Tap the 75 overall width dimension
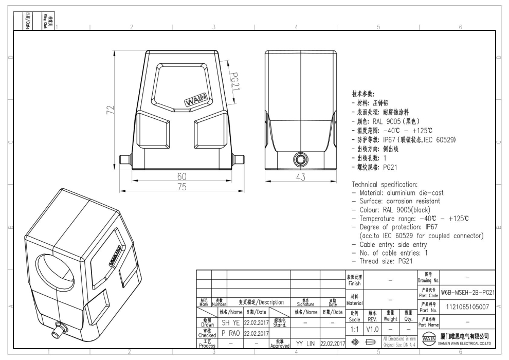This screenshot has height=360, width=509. tap(180, 187)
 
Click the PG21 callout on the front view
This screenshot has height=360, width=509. tap(234, 81)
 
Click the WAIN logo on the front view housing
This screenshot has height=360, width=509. tap(196, 101)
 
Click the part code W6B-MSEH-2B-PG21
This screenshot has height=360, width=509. tap(468, 292)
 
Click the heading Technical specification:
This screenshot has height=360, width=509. tap(389, 184)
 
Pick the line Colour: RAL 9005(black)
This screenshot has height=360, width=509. tap(394, 210)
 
